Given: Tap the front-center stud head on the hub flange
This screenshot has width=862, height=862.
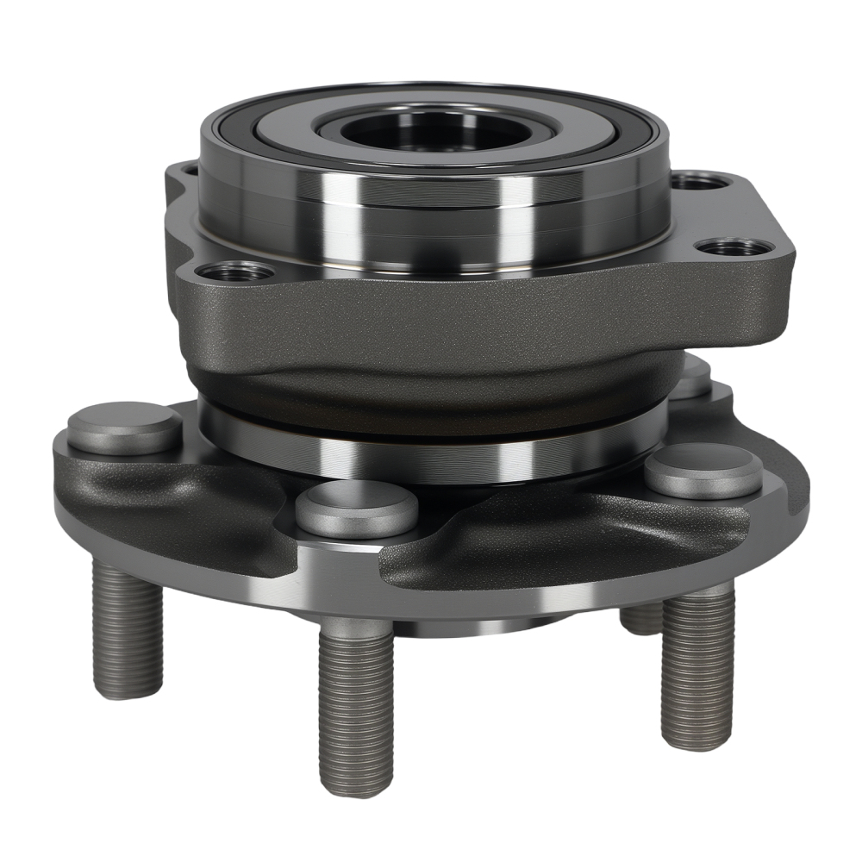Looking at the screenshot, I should tap(357, 506).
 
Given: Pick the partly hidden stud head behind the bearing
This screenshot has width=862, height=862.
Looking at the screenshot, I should tap(690, 379).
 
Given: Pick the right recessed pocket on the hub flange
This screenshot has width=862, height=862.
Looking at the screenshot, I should tap(552, 539).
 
